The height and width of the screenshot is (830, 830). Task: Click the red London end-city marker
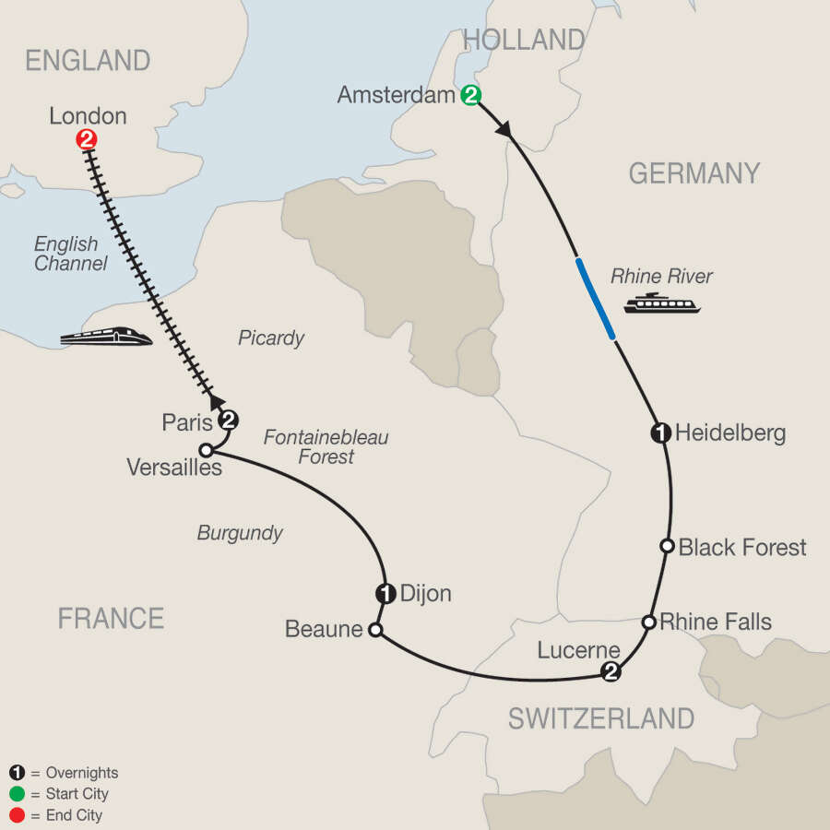[x=86, y=140]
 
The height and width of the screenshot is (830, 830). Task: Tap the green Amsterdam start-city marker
[x=470, y=95]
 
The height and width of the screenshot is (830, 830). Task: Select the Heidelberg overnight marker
[x=660, y=433]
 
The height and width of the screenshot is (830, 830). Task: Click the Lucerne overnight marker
[x=610, y=672]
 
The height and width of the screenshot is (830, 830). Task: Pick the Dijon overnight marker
[x=385, y=594]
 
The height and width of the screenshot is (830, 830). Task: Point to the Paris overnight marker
[x=228, y=421]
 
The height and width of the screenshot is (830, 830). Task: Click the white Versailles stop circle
[x=207, y=451]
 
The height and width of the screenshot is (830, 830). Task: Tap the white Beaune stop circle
[x=374, y=631]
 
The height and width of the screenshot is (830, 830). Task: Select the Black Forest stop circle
[x=667, y=546]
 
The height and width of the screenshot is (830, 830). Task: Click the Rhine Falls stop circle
[x=649, y=622]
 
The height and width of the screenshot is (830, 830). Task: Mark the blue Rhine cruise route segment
[x=597, y=300]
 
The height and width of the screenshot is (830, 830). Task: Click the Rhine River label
[x=662, y=275]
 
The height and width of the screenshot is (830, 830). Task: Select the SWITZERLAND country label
[x=600, y=717]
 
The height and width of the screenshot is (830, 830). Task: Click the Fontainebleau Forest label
[x=326, y=446]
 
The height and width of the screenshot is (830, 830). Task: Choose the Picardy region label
[x=271, y=338]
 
